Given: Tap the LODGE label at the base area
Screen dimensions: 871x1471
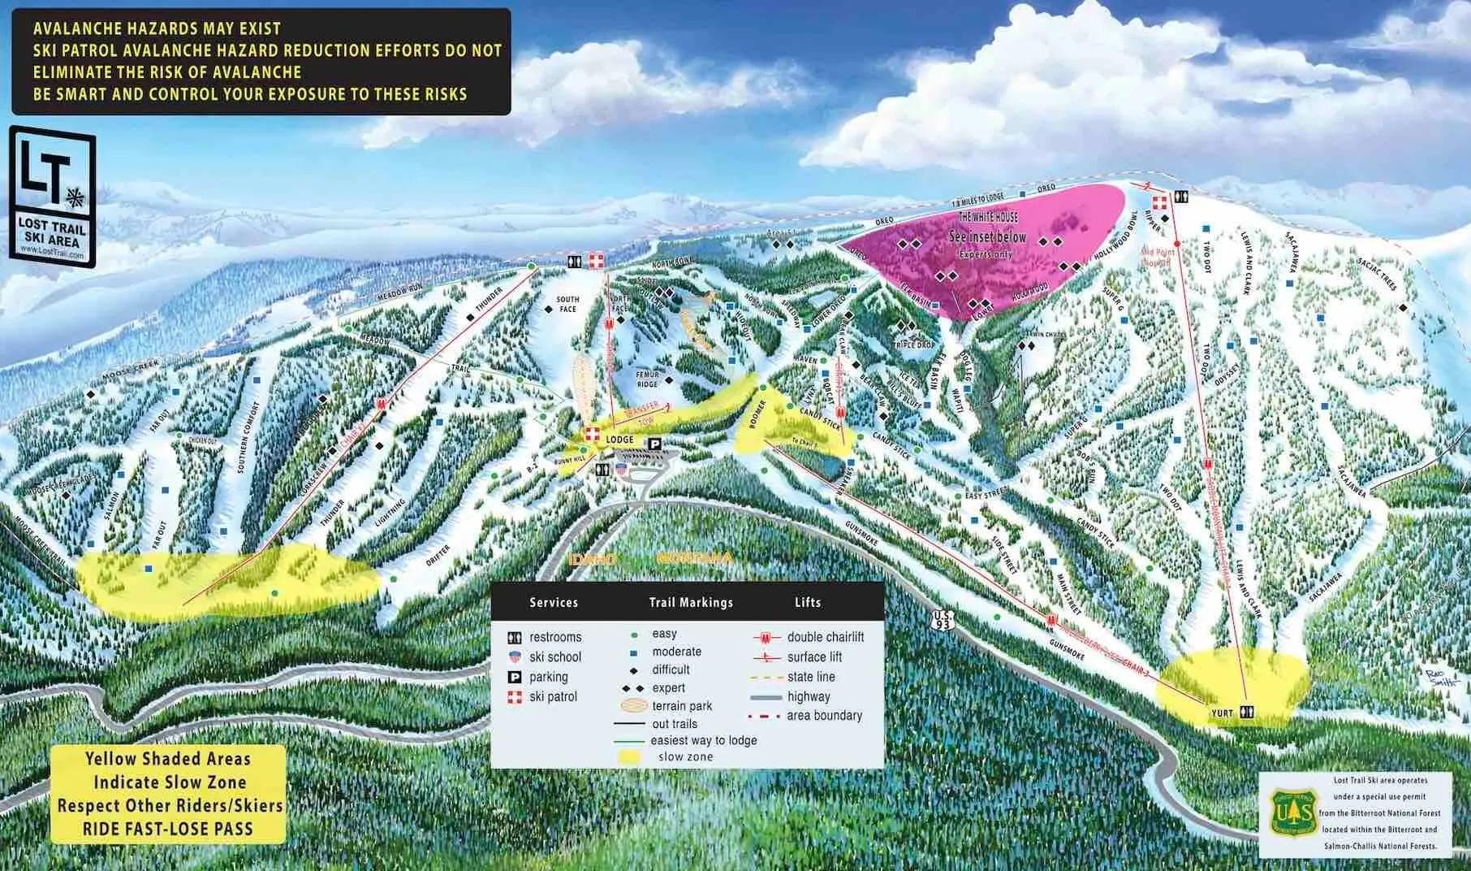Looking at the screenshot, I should tap(619, 440).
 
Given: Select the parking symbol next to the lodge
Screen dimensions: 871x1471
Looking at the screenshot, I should tap(654, 442).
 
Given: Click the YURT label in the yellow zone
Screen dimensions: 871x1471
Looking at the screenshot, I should tap(1222, 713).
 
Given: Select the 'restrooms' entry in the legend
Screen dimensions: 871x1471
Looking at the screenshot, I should tap(555, 637).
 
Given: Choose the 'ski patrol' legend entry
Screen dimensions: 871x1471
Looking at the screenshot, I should tap(553, 696).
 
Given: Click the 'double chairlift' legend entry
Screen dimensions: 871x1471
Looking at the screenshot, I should tap(825, 637).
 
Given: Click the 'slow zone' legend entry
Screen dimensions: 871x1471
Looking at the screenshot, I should tap(686, 756).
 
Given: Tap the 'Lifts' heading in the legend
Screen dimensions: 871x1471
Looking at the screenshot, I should tap(808, 602).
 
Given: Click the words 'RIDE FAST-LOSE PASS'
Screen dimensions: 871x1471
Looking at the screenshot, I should tap(168, 829).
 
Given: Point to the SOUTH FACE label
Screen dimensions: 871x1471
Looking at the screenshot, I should tap(567, 304).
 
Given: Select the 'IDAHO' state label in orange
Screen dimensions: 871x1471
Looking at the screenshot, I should tap(593, 560).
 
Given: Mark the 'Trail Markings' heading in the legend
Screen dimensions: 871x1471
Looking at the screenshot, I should tap(691, 602).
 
